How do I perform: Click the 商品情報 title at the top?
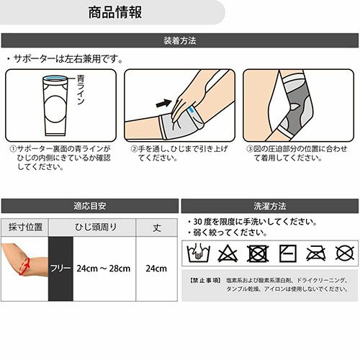115,12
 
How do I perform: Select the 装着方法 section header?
180,40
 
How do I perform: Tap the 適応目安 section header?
90,206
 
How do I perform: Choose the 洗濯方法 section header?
270,206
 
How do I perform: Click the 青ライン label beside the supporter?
80,89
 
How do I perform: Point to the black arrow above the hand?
164,103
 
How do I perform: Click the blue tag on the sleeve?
192,110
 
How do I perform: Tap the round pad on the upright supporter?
55,109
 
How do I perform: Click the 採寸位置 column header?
25,227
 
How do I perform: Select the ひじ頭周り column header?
96,227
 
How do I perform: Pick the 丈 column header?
157,228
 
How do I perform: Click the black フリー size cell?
60,269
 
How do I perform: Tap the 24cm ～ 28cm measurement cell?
104,269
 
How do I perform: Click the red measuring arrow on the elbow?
24,266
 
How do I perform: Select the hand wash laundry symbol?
198,253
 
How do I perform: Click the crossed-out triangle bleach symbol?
228,253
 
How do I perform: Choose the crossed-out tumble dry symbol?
258,253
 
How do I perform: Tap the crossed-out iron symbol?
316,253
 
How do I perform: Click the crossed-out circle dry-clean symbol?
345,253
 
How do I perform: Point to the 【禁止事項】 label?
205,280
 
